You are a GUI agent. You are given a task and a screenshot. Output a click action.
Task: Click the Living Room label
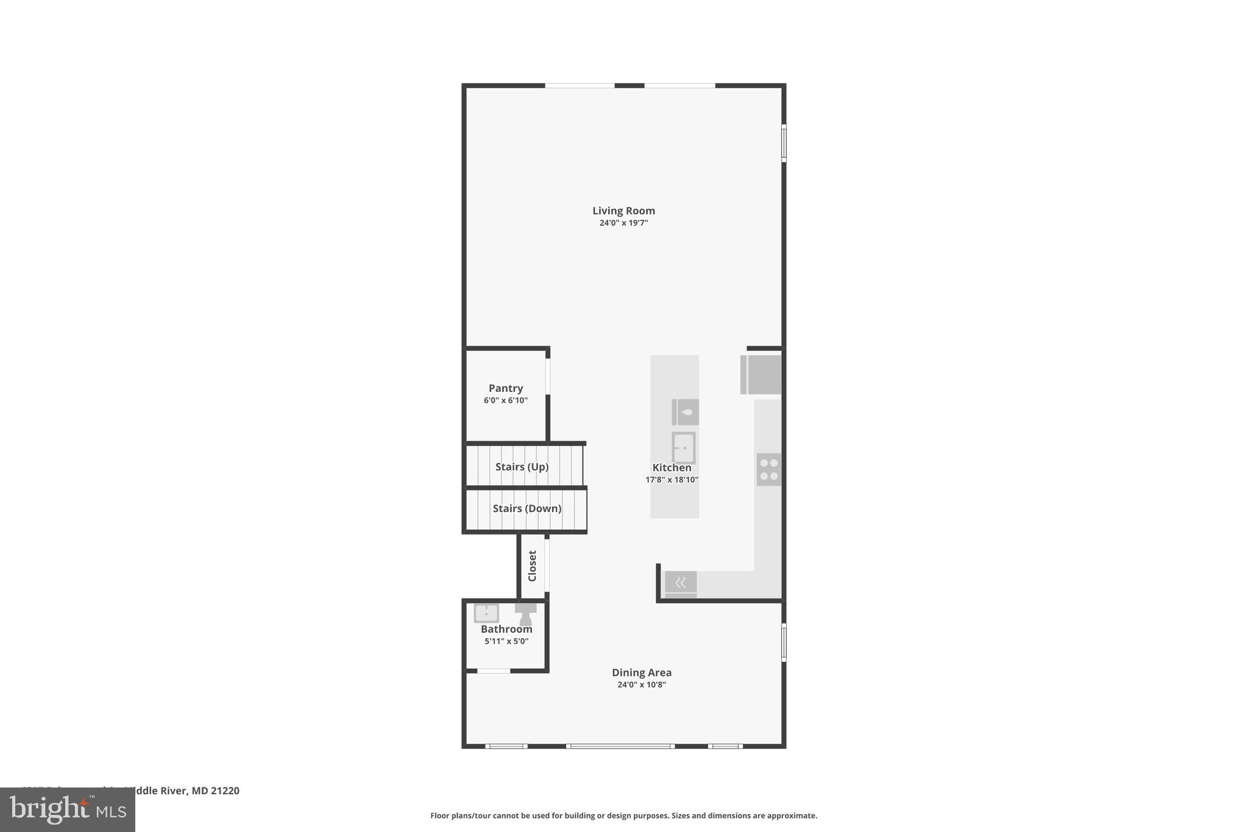[623, 211]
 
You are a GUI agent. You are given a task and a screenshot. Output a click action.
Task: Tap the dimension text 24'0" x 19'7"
[623, 223]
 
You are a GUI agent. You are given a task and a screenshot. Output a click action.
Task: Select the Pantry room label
[506, 388]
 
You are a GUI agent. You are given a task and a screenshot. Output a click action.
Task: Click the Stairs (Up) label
[522, 467]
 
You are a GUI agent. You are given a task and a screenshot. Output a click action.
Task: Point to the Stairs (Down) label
[526, 508]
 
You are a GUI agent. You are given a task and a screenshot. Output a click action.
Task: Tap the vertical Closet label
[532, 566]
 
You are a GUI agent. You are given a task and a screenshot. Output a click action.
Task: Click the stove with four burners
[768, 469]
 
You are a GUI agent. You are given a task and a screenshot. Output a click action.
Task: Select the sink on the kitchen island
[683, 448]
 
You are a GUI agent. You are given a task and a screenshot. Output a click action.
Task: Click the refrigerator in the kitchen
[761, 374]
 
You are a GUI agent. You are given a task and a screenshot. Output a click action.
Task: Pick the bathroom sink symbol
[486, 612]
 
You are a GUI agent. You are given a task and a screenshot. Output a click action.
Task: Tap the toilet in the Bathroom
[525, 614]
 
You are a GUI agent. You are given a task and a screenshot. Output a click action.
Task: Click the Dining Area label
[642, 673]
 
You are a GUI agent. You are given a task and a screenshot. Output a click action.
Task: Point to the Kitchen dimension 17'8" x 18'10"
[672, 480]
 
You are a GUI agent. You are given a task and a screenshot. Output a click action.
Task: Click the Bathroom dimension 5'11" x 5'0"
[506, 642]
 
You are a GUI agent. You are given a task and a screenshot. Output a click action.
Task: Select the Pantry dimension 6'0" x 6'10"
[506, 400]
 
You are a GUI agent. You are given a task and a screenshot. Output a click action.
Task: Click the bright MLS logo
[68, 810]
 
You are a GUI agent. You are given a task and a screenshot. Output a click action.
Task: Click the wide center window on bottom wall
[620, 746]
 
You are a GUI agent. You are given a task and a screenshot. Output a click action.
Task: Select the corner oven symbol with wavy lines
[680, 583]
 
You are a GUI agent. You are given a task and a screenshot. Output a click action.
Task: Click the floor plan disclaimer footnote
[623, 816]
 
